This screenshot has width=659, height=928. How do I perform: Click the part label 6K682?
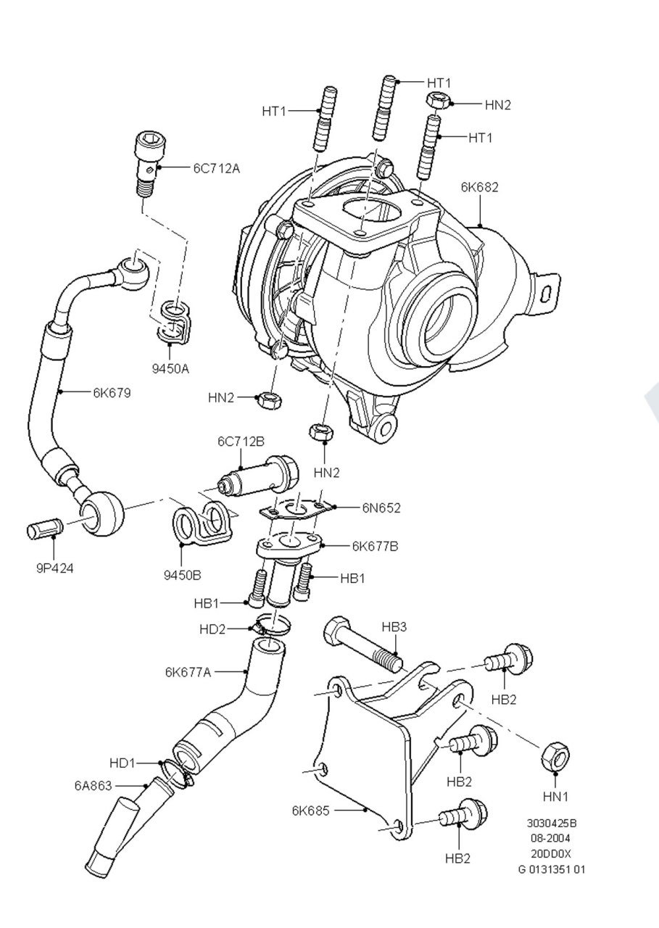[x=479, y=187]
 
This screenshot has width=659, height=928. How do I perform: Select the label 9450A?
[x=170, y=368]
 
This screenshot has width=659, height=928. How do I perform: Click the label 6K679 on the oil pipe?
[x=112, y=392]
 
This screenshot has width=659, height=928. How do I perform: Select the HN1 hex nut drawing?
[x=555, y=757]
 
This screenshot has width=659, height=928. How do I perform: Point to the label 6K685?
[x=311, y=811]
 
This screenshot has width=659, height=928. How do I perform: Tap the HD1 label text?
[x=123, y=763]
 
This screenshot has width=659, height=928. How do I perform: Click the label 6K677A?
[x=188, y=671]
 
